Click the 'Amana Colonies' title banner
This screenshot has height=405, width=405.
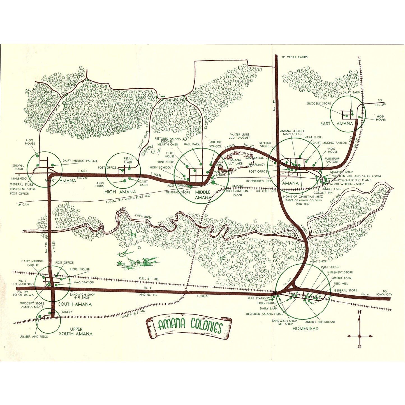click(189, 325)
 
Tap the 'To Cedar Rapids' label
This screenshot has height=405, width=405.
click(294, 57)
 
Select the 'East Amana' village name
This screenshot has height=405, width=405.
click(336, 124)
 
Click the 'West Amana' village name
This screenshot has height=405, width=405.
click(61, 181)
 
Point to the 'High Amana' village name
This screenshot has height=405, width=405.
click(120, 192)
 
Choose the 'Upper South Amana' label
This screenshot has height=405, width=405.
click(76, 332)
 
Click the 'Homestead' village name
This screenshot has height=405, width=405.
click(305, 328)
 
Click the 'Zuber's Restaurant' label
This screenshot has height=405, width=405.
click(320, 322)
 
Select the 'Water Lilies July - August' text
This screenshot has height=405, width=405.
click(239, 136)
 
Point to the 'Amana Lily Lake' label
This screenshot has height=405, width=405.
click(235, 162)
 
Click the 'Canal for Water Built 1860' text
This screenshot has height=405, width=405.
click(128, 199)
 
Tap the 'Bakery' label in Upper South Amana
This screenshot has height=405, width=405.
click(67, 312)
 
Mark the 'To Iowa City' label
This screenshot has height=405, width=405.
click(384, 293)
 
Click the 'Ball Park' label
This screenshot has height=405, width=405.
click(192, 144)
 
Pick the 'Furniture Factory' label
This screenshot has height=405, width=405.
click(332, 160)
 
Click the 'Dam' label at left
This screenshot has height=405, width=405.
click(26, 205)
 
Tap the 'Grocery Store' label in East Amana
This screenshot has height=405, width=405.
click(318, 103)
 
